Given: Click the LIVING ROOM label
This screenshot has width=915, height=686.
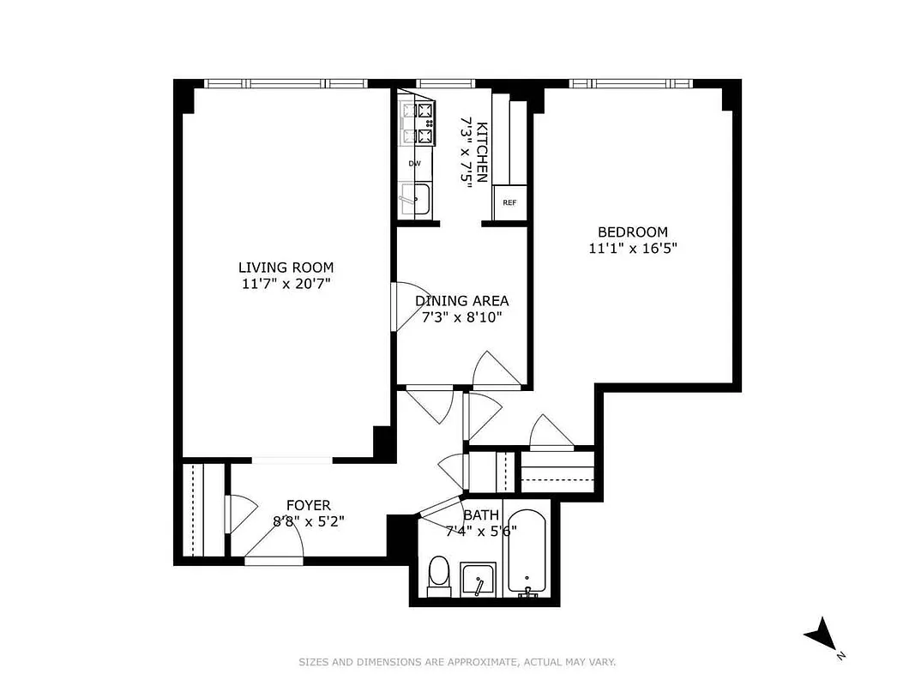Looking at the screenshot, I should pyautogui.click(x=286, y=267).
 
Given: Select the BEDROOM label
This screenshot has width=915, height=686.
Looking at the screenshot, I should pyautogui.click(x=632, y=232).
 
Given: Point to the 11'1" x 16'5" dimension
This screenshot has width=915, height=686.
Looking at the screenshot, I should pyautogui.click(x=632, y=249).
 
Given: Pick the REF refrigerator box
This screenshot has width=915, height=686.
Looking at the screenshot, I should pyautogui.click(x=509, y=203).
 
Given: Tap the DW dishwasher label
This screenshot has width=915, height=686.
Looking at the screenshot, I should pyautogui.click(x=414, y=163).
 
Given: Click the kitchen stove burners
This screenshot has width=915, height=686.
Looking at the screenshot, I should pyautogui.click(x=416, y=122).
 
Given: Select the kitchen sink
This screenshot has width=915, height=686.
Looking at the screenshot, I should pyautogui.click(x=415, y=199).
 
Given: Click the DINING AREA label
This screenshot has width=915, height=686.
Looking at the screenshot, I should pyautogui.click(x=461, y=301).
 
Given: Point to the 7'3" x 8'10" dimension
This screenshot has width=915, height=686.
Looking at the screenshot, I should pyautogui.click(x=461, y=317).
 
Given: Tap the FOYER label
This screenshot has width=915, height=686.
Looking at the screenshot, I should pyautogui.click(x=308, y=506).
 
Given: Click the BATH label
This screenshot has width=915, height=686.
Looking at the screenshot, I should pyautogui.click(x=480, y=515).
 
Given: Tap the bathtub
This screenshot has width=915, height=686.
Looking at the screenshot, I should pyautogui.click(x=525, y=553).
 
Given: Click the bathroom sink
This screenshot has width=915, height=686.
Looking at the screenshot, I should pyautogui.click(x=479, y=581).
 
